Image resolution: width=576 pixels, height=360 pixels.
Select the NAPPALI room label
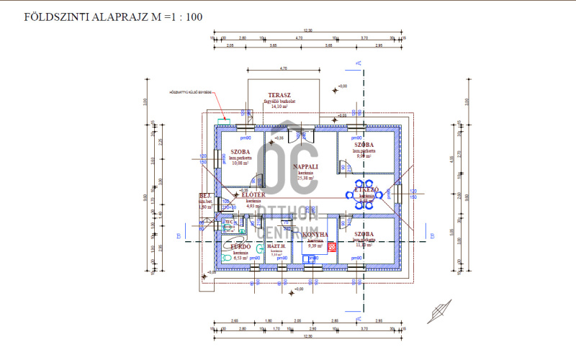click(x=306, y=166)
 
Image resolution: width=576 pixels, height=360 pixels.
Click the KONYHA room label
click(x=315, y=235)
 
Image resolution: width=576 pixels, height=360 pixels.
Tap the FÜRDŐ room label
click(x=240, y=246)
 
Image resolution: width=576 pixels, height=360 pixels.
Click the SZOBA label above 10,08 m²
click(x=240, y=152)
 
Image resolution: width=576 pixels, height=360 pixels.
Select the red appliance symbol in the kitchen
click(x=332, y=248)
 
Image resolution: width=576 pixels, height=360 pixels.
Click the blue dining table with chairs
click(x=359, y=194)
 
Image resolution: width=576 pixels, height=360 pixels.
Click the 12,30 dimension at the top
click(x=307, y=31)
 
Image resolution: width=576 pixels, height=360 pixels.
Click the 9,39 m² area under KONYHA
click(x=315, y=246)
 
